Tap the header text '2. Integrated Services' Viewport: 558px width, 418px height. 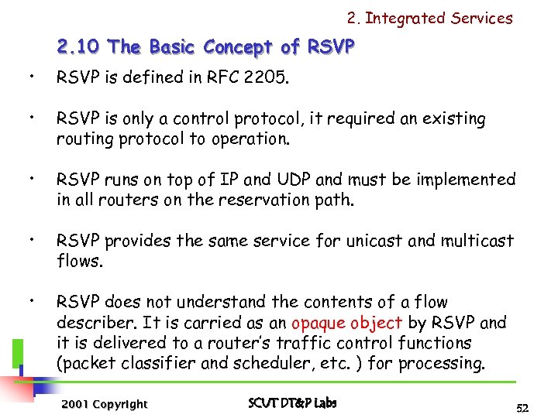[430, 18]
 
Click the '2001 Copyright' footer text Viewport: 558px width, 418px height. [103, 404]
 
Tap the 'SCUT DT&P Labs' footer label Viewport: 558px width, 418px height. [292, 403]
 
